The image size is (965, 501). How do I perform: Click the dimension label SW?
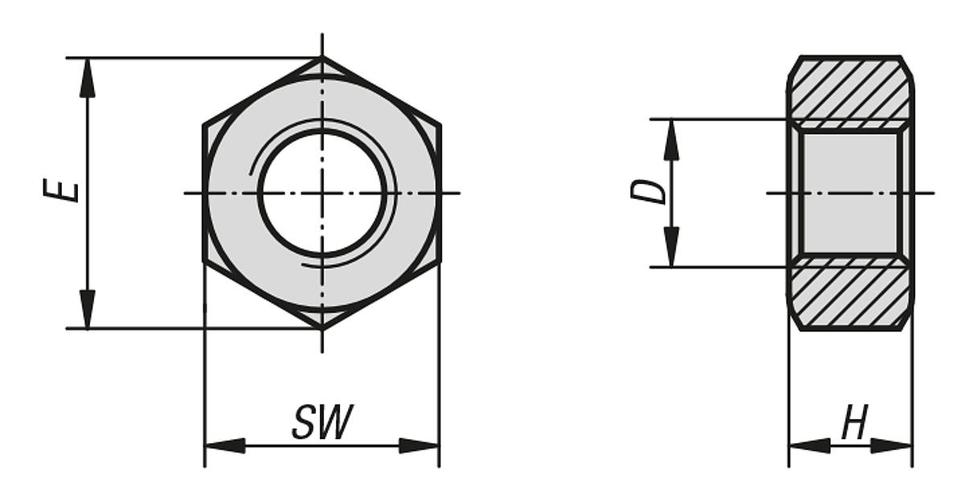(322, 423)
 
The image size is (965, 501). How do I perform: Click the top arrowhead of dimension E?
(87, 76)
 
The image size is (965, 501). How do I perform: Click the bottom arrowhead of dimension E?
(87, 310)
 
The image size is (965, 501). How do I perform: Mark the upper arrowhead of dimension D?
(671, 138)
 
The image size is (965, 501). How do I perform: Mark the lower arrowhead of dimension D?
(671, 248)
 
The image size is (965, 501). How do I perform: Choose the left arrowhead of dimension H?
(807, 446)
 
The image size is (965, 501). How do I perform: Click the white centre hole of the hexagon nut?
(322, 193)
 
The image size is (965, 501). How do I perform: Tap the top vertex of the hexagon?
(322, 58)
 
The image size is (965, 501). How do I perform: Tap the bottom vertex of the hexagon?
(322, 328)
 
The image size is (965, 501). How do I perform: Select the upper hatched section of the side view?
(850, 88)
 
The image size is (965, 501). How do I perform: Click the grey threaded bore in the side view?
(850, 193)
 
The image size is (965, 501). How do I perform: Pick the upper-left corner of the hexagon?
(204, 126)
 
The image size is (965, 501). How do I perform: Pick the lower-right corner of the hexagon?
(439, 261)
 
